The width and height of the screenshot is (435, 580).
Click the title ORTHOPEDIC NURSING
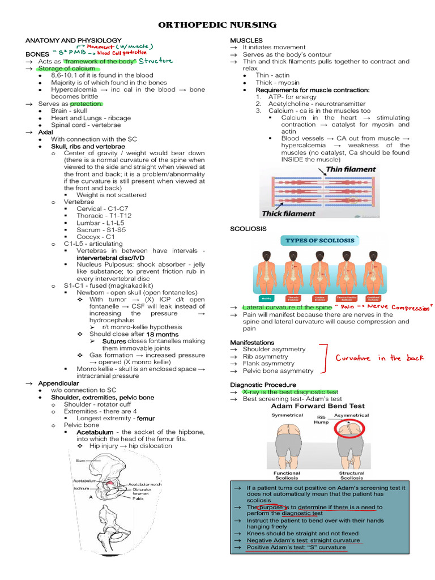[x=217, y=25]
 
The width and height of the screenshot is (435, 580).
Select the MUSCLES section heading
[x=246, y=40]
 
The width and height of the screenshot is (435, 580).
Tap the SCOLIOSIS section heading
[x=248, y=228]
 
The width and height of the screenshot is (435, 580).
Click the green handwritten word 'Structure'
[x=156, y=61]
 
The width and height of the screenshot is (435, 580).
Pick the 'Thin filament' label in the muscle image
[x=351, y=169]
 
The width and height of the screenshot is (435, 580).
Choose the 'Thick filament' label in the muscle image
[x=288, y=214]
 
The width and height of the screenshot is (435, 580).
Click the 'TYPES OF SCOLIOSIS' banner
[x=320, y=240]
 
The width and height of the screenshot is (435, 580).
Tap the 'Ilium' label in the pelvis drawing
[x=81, y=462]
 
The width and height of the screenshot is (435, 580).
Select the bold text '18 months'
[x=163, y=334]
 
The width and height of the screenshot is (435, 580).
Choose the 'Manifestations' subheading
[x=252, y=343]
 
